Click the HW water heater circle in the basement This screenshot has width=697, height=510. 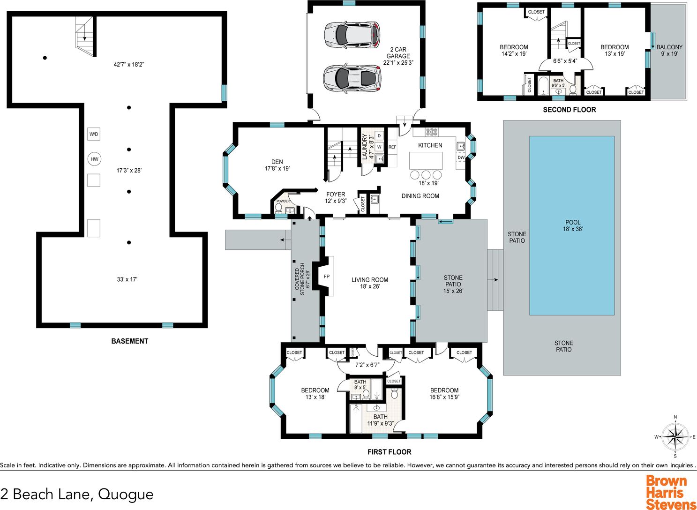[x=94, y=159]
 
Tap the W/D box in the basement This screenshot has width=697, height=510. [x=94, y=134]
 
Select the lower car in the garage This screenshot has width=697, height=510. [x=352, y=78]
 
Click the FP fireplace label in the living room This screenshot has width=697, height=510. [x=326, y=276]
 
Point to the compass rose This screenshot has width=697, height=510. [x=675, y=436]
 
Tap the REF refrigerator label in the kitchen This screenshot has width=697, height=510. [x=392, y=147]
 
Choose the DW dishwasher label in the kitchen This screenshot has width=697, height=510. [x=461, y=157]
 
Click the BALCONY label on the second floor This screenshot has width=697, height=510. [x=669, y=47]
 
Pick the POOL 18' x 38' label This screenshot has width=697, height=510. [x=573, y=225]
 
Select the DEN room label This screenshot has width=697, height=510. [x=277, y=162]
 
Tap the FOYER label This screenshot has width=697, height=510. [x=336, y=195]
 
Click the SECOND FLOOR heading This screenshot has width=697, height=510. [x=570, y=110]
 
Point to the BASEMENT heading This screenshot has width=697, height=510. [x=130, y=341]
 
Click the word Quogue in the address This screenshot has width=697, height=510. [x=126, y=494]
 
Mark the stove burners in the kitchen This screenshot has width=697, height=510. [x=432, y=132]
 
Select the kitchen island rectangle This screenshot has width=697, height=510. [x=426, y=160]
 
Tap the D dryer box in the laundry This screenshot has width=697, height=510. [x=379, y=135]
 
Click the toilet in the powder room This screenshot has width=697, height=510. [x=278, y=208]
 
